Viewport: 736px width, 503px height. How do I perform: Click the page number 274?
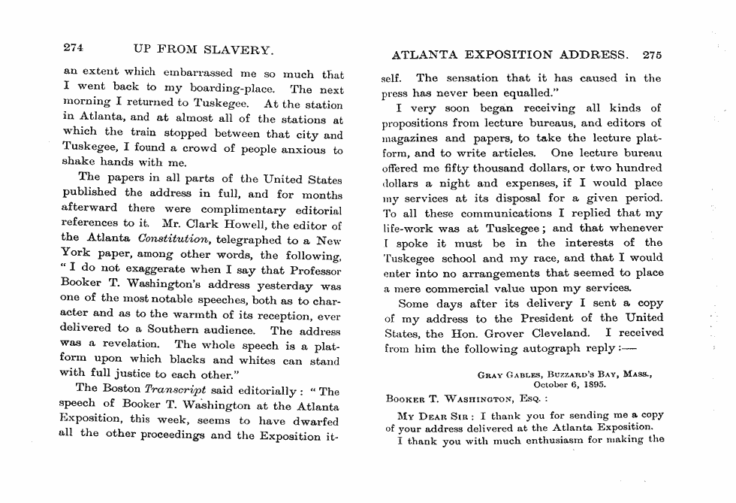point(73,47)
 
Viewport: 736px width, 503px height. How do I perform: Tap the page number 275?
point(652,55)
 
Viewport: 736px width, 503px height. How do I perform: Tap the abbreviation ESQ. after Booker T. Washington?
point(532,399)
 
